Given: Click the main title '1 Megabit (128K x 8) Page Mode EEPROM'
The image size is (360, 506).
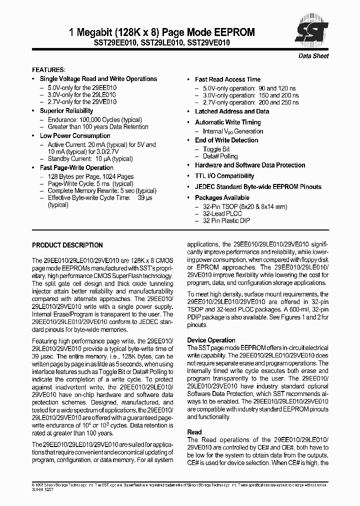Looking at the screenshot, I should coord(161,32).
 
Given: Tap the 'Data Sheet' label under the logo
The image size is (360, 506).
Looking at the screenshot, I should coord(313,56).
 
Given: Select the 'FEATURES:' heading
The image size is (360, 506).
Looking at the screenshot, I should coord(48,69).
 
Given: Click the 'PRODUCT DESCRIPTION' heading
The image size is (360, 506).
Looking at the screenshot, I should coord(67,245).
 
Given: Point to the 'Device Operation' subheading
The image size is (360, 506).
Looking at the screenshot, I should coord(211,340).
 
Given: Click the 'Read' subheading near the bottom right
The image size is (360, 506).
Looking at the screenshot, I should coord(194,432).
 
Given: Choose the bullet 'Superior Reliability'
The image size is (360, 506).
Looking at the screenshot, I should coord(66,110).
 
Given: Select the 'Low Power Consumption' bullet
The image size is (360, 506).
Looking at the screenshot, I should coord(75,135).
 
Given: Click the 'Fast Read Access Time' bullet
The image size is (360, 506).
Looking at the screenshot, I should coord(227,79).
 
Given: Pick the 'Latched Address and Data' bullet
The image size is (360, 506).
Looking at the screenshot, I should coord(232,111).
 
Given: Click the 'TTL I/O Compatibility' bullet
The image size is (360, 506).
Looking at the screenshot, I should coord(224,176).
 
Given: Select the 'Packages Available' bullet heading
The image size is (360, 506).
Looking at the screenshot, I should coord(222,197).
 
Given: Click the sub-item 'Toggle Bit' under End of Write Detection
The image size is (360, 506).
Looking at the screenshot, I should coord(216,149).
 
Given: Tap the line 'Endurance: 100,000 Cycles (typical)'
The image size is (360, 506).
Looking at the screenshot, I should coord(95,120).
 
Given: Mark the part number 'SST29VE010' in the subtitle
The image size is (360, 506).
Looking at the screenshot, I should coord(208,43).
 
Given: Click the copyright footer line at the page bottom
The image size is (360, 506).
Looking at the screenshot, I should coord(180,485).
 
